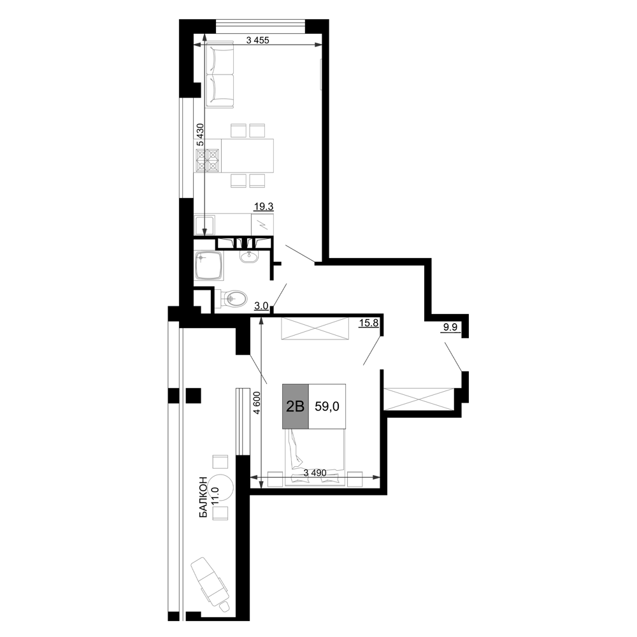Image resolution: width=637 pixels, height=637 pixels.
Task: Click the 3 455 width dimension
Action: [x=257, y=39]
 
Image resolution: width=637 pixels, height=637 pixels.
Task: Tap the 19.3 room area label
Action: [x=264, y=207]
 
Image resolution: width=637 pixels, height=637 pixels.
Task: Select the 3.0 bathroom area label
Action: [x=261, y=306]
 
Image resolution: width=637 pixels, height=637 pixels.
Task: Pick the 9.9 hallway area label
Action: [x=450, y=327]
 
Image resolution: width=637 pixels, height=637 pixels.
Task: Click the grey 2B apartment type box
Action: [x=296, y=406]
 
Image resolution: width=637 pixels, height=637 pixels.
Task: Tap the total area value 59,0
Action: [x=327, y=406]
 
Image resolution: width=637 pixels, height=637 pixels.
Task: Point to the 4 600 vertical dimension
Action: [x=256, y=403]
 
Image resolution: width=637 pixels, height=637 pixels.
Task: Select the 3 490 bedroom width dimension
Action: [x=315, y=473]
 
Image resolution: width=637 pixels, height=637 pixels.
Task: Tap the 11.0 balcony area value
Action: [x=215, y=496]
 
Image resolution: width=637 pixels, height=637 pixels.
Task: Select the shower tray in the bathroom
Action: [x=209, y=266]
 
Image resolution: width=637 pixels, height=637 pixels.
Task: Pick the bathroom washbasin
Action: [x=248, y=256]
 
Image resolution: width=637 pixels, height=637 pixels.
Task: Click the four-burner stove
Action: [x=208, y=160]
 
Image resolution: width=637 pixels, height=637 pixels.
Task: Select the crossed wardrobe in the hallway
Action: [x=419, y=399]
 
